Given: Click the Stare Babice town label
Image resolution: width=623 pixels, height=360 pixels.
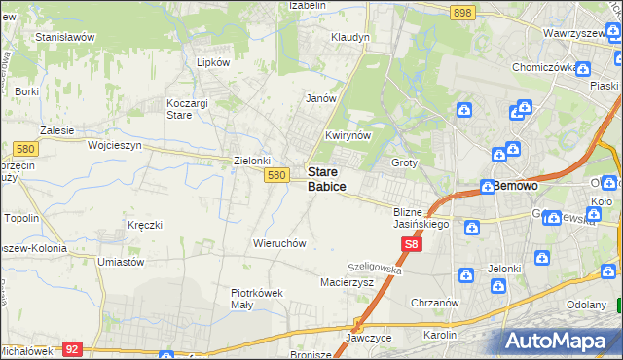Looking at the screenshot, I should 326,178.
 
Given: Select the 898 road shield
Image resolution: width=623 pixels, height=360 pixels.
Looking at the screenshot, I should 462,12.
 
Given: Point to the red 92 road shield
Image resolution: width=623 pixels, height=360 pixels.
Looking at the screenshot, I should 71,347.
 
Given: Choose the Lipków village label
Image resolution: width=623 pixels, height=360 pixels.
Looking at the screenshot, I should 213,61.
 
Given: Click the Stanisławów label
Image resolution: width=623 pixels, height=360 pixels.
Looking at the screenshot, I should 64,37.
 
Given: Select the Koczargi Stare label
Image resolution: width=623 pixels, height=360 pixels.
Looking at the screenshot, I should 193,107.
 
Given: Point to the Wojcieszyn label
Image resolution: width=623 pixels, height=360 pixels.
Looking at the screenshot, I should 115,144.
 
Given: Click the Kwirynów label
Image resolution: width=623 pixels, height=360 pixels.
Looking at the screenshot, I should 348,136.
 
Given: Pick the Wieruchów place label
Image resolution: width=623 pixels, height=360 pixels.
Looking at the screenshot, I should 279,242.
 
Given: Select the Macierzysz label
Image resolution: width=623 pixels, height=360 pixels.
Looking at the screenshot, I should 348,282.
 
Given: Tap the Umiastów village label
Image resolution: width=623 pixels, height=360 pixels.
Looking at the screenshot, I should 122,262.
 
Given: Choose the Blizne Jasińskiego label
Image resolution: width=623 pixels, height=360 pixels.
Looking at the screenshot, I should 420,218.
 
